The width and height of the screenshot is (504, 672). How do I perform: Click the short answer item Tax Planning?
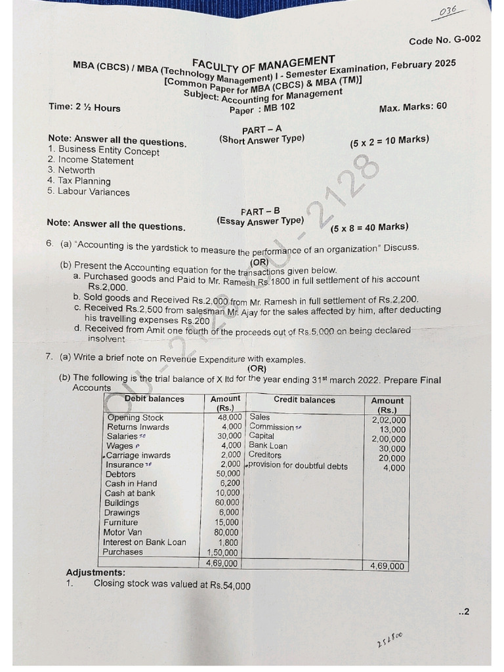[84, 181]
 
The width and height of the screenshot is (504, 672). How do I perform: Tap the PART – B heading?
[260, 211]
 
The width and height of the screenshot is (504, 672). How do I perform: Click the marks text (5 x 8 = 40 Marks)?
[369, 228]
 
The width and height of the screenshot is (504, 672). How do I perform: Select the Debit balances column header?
[154, 399]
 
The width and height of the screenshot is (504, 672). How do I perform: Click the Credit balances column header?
[304, 400]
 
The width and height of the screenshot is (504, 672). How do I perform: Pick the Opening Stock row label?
[135, 418]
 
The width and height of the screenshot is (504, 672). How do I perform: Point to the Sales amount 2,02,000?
[388, 420]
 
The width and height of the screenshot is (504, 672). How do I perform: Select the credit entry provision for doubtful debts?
[297, 467]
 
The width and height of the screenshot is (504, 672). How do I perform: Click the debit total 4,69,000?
[222, 563]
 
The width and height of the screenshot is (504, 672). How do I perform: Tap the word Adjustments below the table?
[96, 573]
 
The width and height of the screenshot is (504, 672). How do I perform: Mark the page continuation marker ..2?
[464, 612]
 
